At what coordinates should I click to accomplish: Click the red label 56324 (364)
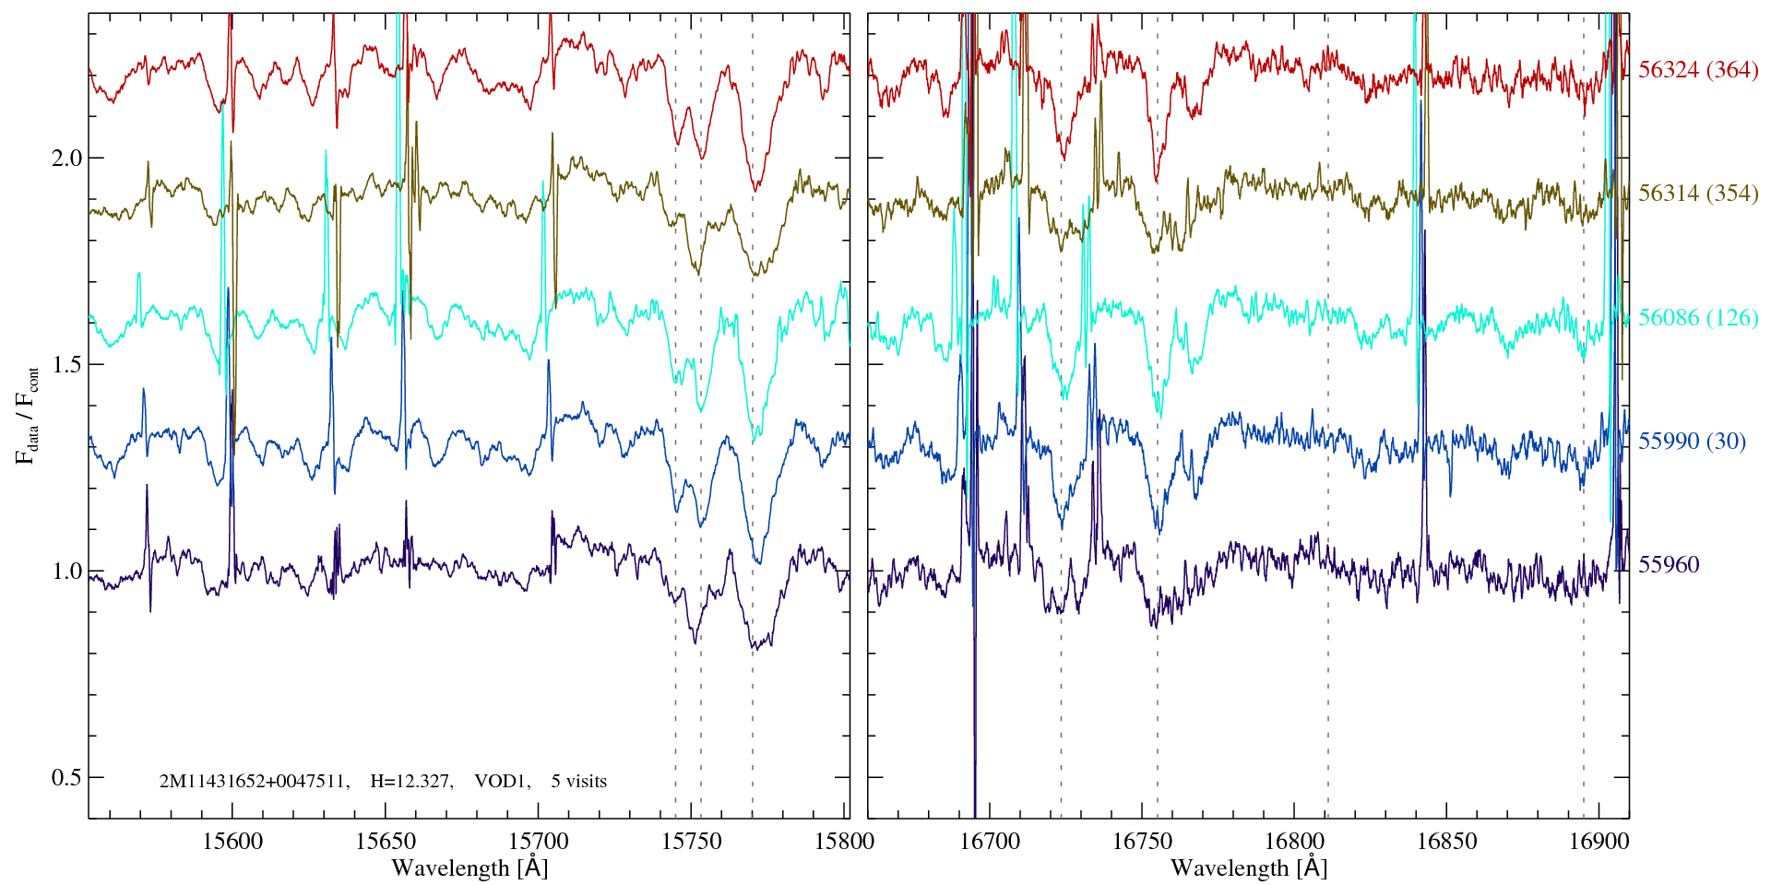coord(1697,70)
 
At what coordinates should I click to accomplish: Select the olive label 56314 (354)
coord(1697,194)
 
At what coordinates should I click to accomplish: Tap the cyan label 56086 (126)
coord(1697,318)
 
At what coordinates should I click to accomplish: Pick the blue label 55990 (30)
coord(1692,442)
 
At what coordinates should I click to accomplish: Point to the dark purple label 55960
coord(1668,565)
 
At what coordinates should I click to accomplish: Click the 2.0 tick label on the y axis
coord(65,158)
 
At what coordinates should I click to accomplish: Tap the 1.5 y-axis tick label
coord(65,364)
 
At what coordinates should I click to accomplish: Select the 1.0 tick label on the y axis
coord(65,571)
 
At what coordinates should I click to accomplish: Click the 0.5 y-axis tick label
coord(65,777)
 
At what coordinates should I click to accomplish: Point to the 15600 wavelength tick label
coord(232,842)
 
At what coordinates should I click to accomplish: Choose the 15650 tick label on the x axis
coord(386,842)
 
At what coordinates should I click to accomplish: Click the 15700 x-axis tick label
coord(539,842)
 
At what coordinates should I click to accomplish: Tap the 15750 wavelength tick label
coord(692,842)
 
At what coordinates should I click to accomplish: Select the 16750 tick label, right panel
coord(1142,842)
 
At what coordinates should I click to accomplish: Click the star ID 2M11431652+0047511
coord(254,782)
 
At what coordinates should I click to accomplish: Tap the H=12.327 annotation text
coord(410,782)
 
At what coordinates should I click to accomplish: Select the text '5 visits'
coord(579,782)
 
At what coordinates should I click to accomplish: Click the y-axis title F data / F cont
coord(28,415)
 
